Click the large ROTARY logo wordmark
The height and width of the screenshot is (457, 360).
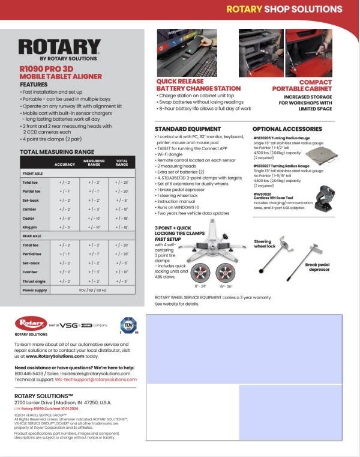(x=59, y=47)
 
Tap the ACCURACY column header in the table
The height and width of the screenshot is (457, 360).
(x=64, y=163)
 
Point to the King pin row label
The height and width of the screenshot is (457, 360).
(x=31, y=229)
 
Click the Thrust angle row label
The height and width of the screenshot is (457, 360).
(x=34, y=281)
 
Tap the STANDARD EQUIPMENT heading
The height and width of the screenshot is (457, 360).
(x=187, y=129)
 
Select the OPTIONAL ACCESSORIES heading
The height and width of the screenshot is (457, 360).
(x=286, y=129)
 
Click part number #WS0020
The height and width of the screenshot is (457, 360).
(x=262, y=194)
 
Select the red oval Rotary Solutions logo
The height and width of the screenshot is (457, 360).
(x=31, y=324)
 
